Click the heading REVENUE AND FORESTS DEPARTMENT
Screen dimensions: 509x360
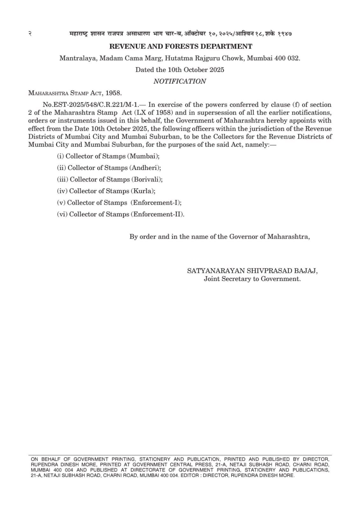pos(180,46)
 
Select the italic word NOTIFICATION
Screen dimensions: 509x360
pos(180,81)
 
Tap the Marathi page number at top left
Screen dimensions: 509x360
pos(30,34)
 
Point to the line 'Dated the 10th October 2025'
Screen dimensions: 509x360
pos(180,70)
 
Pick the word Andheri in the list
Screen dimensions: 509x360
pos(145,168)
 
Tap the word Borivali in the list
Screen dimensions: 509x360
pos(147,179)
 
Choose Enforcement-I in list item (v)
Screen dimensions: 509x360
pos(156,203)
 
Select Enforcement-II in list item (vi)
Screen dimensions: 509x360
pos(157,214)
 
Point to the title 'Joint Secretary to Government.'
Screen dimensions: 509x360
pos(252,279)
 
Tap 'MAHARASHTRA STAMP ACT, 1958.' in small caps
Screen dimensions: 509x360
pos(75,93)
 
